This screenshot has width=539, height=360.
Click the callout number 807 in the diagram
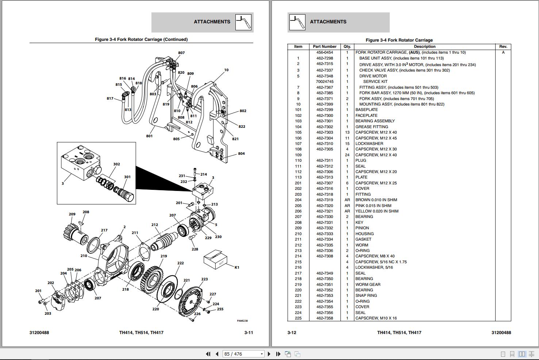click(181, 53)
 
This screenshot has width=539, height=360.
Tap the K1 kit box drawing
click(216, 260)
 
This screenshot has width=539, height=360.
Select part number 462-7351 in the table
click(324, 284)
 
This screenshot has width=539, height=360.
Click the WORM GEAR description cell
click(368, 284)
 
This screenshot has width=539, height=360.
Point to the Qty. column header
click(347, 47)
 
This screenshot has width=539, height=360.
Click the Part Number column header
click(324, 47)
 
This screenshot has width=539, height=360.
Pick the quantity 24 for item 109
click(347, 155)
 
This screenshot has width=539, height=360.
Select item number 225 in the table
click(298, 318)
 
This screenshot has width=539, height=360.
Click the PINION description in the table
click(362, 228)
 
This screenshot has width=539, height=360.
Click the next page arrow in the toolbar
click(269, 354)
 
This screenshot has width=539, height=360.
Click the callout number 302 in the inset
click(116, 164)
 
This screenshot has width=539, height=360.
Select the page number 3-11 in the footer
click(249, 333)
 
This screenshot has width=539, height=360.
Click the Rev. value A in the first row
click(503, 53)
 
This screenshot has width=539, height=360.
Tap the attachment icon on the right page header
click(297, 22)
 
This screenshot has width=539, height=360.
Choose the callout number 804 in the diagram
click(241, 154)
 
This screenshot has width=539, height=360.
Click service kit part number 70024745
click(324, 82)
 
